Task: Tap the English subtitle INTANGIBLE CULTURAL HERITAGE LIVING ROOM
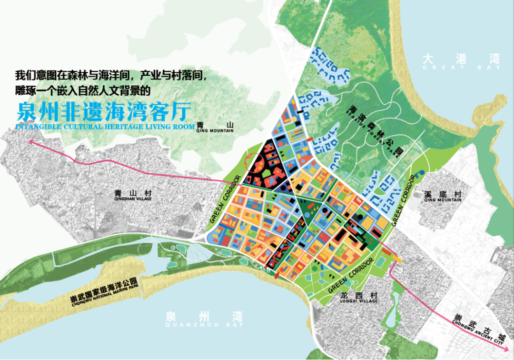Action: point(105,127)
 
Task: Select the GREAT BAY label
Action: point(462,68)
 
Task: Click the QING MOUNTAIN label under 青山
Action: point(215,131)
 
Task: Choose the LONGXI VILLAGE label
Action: point(359,301)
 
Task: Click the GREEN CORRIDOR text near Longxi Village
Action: point(350,277)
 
